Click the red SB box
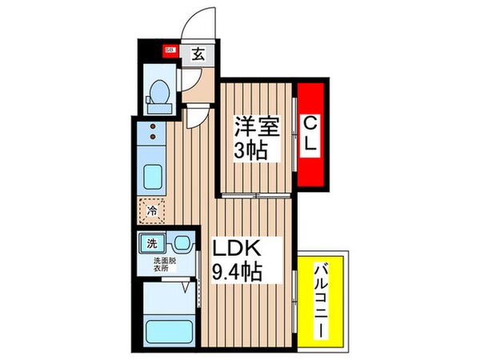pos(170,50)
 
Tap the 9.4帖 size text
pos(238,272)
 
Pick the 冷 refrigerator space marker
pos(151,212)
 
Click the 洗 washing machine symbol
pos(150,241)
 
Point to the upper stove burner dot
pos(151,126)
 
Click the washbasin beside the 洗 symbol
pos(182,242)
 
